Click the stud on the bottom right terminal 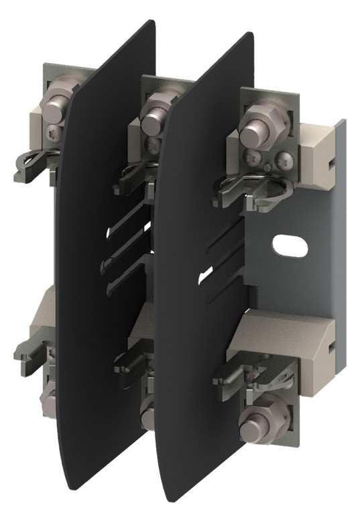tap(254, 429)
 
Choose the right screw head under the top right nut tap(282, 159)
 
